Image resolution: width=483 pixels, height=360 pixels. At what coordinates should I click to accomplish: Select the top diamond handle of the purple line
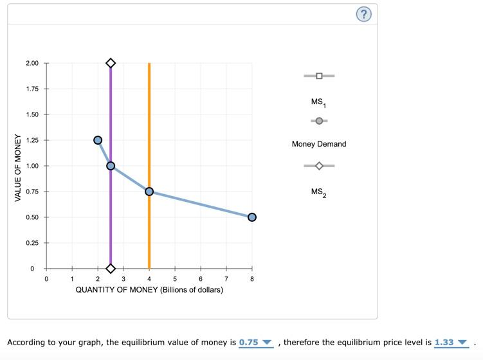click(x=111, y=63)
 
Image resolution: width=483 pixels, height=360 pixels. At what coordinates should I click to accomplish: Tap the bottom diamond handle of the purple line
click(x=111, y=269)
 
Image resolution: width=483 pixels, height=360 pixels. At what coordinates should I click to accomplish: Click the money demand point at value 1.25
click(x=98, y=140)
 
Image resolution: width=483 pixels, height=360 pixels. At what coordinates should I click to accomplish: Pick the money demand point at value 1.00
click(x=111, y=166)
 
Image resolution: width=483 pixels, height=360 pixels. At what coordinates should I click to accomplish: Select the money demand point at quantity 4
click(x=149, y=192)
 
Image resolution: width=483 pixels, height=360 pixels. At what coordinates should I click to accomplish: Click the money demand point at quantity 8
click(x=252, y=217)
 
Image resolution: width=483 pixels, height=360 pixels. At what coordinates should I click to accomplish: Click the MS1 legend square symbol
click(x=319, y=76)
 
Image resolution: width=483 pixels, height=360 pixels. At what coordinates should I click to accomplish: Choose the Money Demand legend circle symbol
click(x=319, y=121)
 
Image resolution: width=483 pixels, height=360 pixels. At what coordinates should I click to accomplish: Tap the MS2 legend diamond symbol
click(x=319, y=166)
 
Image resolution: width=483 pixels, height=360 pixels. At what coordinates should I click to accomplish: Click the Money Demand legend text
click(x=319, y=144)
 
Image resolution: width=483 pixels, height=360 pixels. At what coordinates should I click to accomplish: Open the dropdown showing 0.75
click(x=255, y=343)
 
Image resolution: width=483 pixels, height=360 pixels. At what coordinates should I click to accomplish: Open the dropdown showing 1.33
click(x=451, y=343)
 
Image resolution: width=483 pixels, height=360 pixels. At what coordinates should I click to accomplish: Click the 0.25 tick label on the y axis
click(x=32, y=243)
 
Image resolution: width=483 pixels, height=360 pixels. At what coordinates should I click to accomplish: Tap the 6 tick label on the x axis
click(x=201, y=279)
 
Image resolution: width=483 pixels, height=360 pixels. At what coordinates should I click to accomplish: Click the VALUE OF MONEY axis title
click(x=18, y=167)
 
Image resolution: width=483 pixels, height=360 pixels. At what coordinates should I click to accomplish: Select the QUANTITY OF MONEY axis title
click(x=149, y=290)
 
